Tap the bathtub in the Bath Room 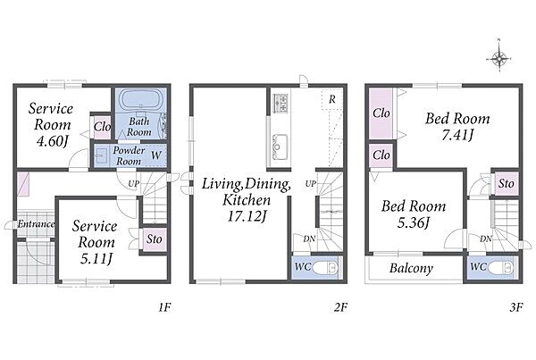click(140, 100)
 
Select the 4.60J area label click(52, 141)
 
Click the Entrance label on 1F click(36, 224)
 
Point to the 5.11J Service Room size click(96, 258)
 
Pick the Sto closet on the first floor click(154, 239)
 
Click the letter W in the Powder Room click(155, 155)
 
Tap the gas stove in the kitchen click(281, 103)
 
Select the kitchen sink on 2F click(280, 147)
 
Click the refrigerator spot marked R click(331, 99)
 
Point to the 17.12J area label click(247, 215)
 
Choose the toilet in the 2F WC click(328, 268)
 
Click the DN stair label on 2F click(309, 239)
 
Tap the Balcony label click(411, 268)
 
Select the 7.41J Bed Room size click(457, 136)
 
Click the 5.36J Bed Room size click(414, 223)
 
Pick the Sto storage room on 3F click(507, 184)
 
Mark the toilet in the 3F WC click(501, 268)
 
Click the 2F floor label click(340, 307)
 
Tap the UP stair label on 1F click(134, 184)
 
